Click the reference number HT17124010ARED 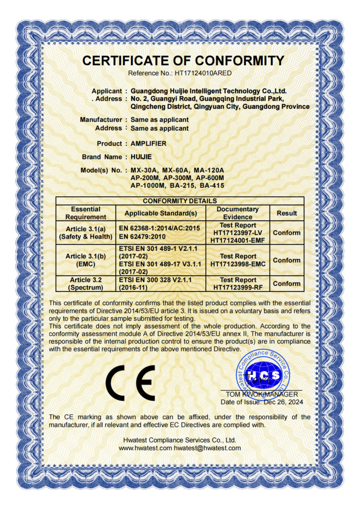click(x=203, y=73)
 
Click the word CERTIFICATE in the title click(x=131, y=61)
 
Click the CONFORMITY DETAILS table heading click(x=180, y=201)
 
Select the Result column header click(x=287, y=213)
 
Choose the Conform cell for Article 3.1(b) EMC click(x=287, y=260)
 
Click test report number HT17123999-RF click(x=238, y=287)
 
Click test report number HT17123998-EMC click(x=238, y=264)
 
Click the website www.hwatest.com click(x=146, y=448)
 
